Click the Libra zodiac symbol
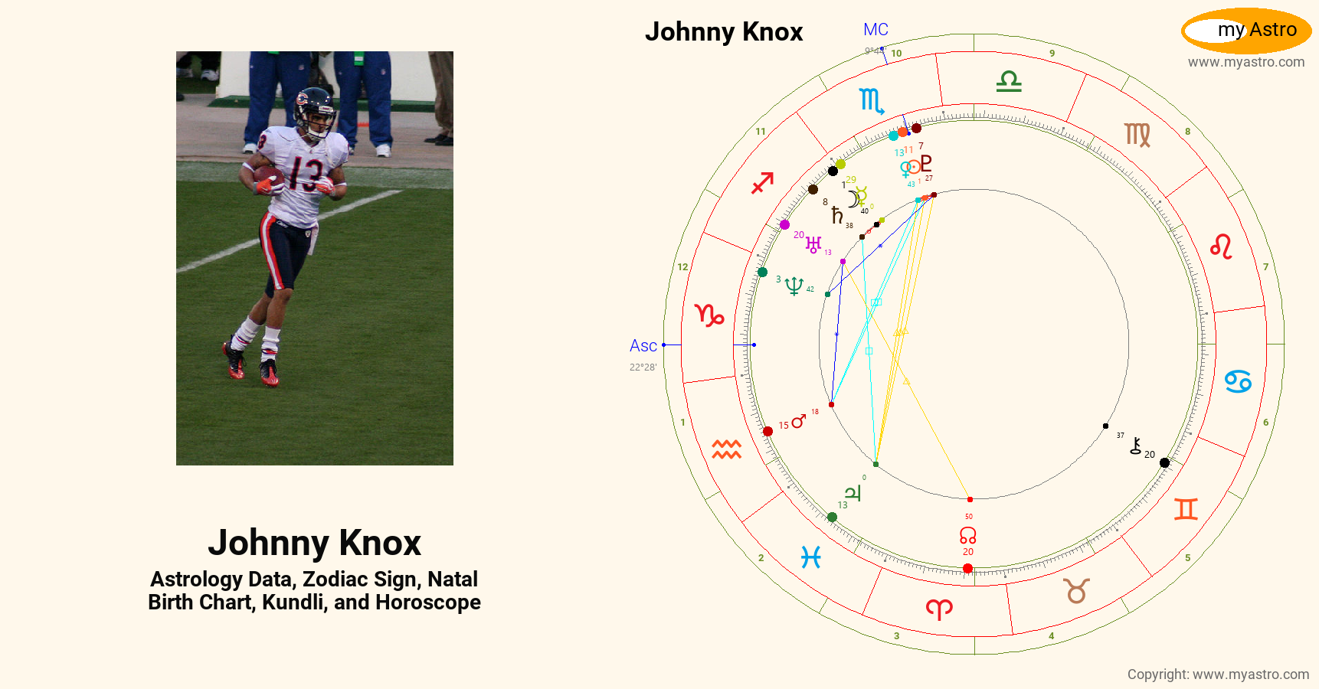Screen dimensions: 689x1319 (1009, 81)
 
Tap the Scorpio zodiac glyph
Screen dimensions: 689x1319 (872, 100)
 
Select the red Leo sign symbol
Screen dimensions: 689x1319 (1221, 247)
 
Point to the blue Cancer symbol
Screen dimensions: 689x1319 (1238, 381)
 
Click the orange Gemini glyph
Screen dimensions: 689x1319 (1186, 509)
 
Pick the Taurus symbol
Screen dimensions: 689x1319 (1076, 591)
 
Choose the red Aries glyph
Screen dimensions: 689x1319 (939, 609)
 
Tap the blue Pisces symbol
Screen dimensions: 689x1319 (811, 557)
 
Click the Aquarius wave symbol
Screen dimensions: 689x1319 (726, 449)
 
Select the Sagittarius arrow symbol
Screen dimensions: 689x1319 (762, 183)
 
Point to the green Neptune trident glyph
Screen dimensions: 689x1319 (794, 286)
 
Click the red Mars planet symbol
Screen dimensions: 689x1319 (799, 421)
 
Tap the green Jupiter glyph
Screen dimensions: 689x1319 (853, 493)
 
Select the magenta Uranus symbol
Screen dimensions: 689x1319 (813, 244)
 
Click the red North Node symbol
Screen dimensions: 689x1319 (968, 534)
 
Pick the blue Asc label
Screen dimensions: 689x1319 (643, 346)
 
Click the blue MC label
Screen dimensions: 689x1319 (876, 30)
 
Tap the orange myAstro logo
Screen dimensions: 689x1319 (1246, 31)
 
